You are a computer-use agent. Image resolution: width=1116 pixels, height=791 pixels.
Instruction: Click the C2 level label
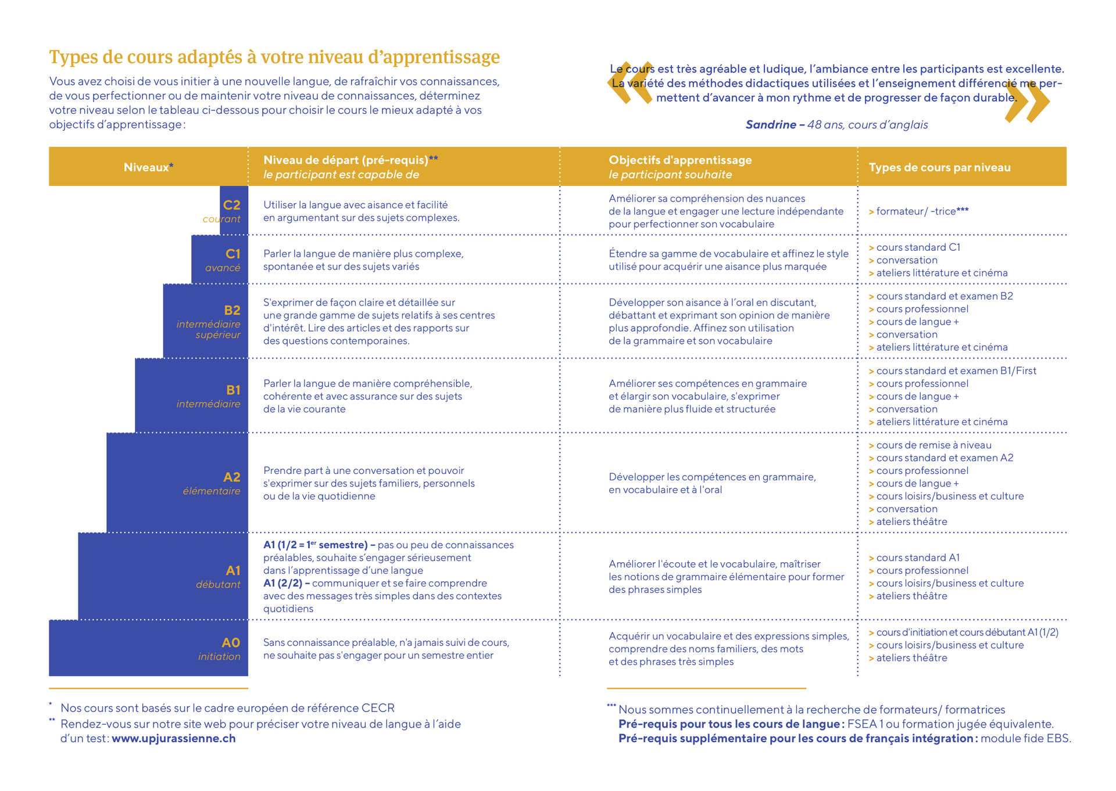[x=231, y=205]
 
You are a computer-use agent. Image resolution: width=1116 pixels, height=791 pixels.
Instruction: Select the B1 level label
[x=233, y=390]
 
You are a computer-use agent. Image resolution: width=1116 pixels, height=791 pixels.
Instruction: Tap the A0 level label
[x=231, y=642]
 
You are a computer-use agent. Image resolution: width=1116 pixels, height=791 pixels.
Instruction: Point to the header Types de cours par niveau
[x=939, y=167]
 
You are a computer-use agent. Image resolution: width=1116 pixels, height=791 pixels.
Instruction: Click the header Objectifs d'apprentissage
[x=680, y=160]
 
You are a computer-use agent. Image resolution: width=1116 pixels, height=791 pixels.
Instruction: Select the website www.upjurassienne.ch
[x=174, y=738]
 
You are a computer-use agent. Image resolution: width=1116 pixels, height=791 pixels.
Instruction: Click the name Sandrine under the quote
[x=771, y=124]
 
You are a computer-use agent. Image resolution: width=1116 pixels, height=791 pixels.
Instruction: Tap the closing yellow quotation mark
[x=1028, y=102]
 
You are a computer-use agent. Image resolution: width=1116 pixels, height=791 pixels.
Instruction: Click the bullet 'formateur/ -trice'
[x=922, y=211]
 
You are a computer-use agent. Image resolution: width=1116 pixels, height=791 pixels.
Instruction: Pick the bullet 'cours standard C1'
[x=918, y=247]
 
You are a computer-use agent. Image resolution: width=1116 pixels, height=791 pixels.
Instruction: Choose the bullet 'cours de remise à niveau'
[x=933, y=445]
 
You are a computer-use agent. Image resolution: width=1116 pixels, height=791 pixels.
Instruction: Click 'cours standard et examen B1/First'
[x=956, y=371]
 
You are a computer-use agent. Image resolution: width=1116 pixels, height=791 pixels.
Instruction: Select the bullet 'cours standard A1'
[x=918, y=558]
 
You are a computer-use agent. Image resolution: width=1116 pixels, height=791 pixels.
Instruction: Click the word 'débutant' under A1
[x=218, y=584]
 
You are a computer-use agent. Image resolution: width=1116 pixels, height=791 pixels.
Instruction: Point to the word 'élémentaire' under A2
[x=212, y=491]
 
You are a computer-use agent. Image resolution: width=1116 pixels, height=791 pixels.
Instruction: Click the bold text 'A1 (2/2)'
[x=282, y=583]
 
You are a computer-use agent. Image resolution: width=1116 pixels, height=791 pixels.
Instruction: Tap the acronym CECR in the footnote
[x=378, y=708]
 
